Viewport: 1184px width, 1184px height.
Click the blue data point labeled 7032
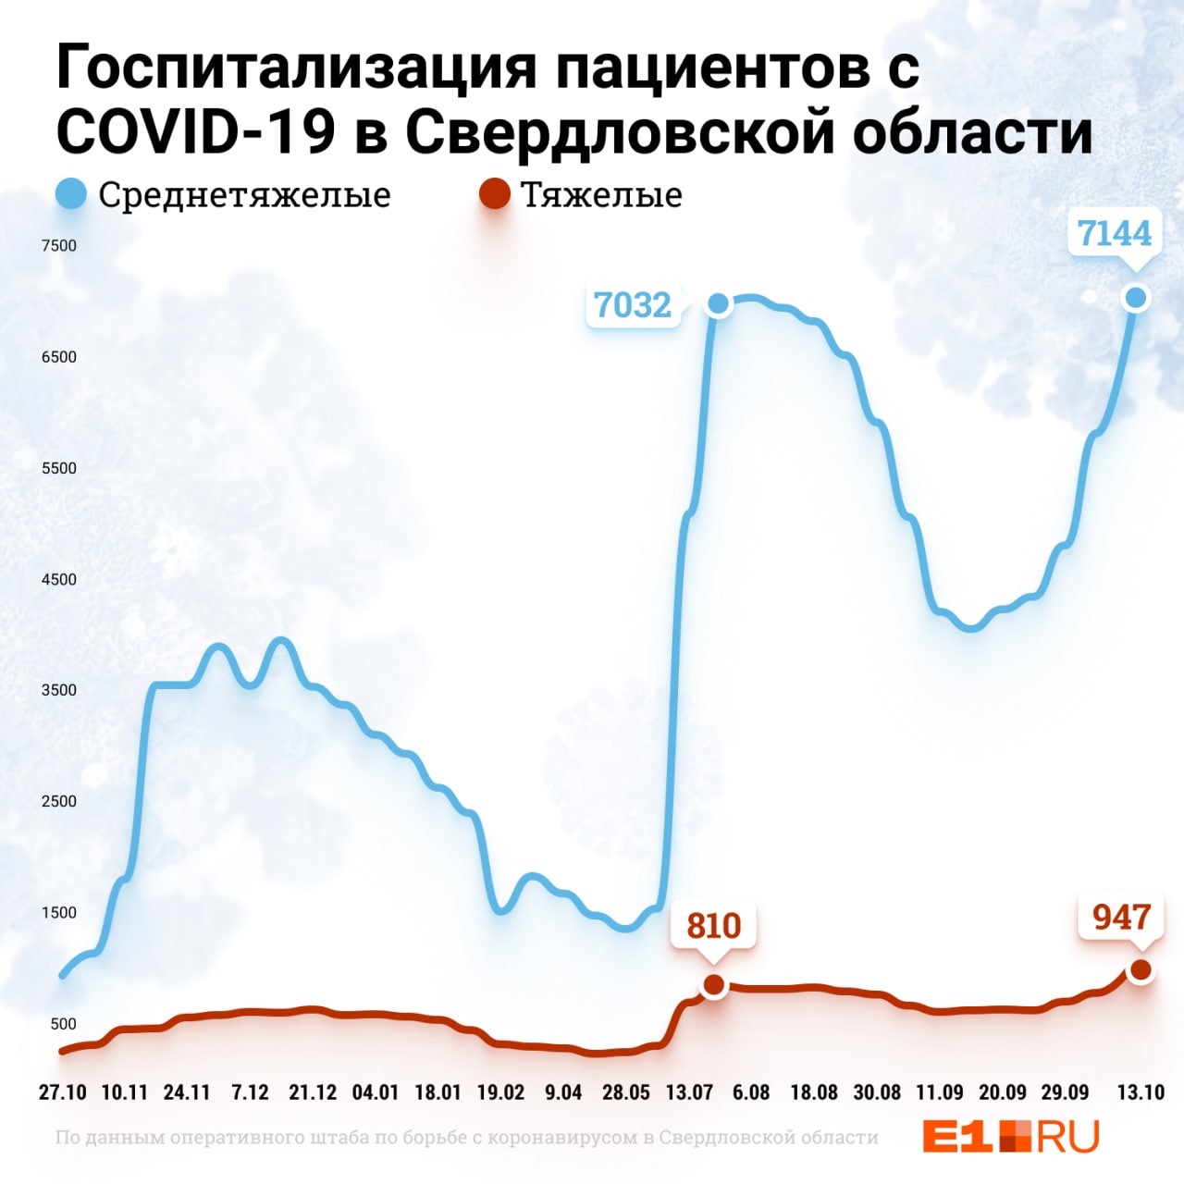click(x=718, y=303)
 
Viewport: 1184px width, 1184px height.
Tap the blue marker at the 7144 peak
click(x=1136, y=297)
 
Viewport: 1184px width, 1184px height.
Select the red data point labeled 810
click(x=714, y=985)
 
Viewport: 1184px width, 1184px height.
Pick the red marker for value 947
click(x=1141, y=969)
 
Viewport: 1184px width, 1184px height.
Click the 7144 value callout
click(x=1115, y=233)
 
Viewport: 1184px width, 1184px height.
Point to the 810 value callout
click(x=714, y=925)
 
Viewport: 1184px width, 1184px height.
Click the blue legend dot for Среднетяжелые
click(x=71, y=195)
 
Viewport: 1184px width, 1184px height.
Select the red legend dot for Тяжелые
click(x=495, y=195)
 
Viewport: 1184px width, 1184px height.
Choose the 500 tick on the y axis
click(x=63, y=1024)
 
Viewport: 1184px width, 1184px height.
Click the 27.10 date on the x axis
click(x=63, y=1092)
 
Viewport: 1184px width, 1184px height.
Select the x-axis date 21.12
click(x=313, y=1092)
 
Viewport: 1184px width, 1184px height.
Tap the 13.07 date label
click(x=689, y=1092)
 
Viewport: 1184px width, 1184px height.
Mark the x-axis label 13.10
click(x=1141, y=1092)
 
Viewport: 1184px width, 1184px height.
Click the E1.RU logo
click(x=1010, y=1136)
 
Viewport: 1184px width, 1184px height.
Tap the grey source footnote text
click(x=466, y=1137)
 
